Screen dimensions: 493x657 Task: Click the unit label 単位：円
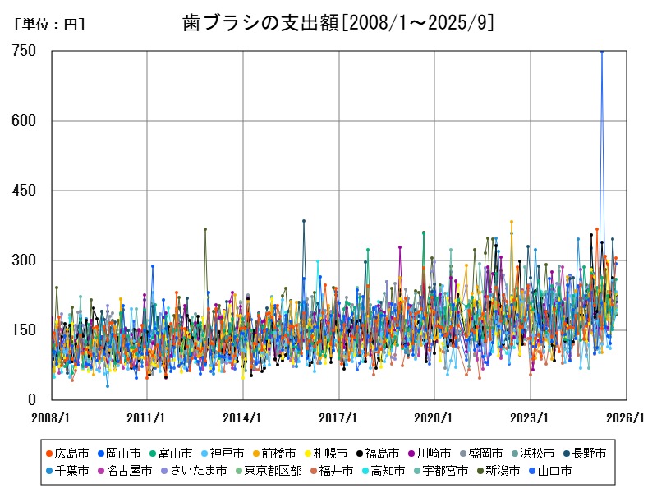[x=49, y=25]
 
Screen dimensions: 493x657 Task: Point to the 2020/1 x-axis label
[x=435, y=417]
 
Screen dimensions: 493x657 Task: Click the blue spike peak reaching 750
[x=601, y=51]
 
